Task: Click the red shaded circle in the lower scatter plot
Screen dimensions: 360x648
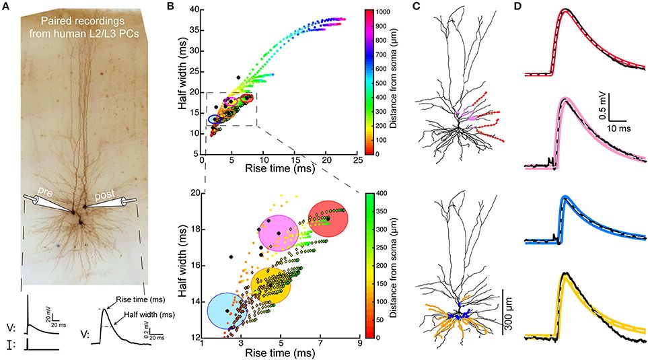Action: tap(328, 218)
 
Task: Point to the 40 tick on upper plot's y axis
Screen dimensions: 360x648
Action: tap(194, 9)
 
